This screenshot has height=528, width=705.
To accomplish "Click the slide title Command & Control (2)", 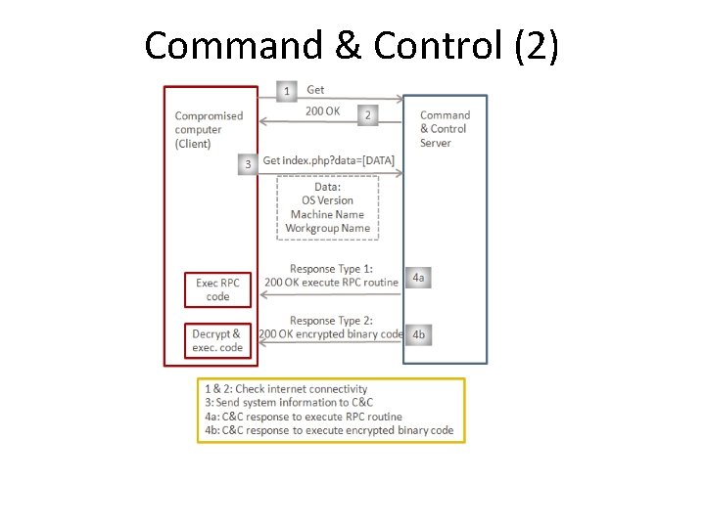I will (352, 46).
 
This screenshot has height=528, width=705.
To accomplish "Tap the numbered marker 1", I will (286, 91).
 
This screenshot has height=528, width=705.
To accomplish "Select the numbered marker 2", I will (367, 114).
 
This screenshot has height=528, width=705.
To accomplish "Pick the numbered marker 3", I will (248, 164).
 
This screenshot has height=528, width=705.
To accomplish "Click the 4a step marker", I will (418, 278).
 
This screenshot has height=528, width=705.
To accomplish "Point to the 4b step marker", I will (418, 334).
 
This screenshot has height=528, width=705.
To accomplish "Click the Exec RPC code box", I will (217, 289).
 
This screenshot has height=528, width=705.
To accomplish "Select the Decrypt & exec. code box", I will (217, 340).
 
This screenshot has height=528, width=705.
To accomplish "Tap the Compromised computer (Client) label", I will (209, 129).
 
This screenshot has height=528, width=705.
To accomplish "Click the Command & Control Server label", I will (445, 129).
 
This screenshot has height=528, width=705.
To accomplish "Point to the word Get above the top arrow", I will (315, 90).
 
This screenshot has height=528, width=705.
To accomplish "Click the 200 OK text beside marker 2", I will (322, 111).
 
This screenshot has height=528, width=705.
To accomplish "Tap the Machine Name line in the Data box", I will (327, 214).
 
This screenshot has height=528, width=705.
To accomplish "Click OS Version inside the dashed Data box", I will (327, 200).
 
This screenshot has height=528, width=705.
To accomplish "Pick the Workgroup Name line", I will (327, 228).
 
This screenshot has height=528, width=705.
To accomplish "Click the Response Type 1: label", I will (331, 269).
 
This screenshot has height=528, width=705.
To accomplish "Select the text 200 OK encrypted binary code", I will (331, 333).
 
